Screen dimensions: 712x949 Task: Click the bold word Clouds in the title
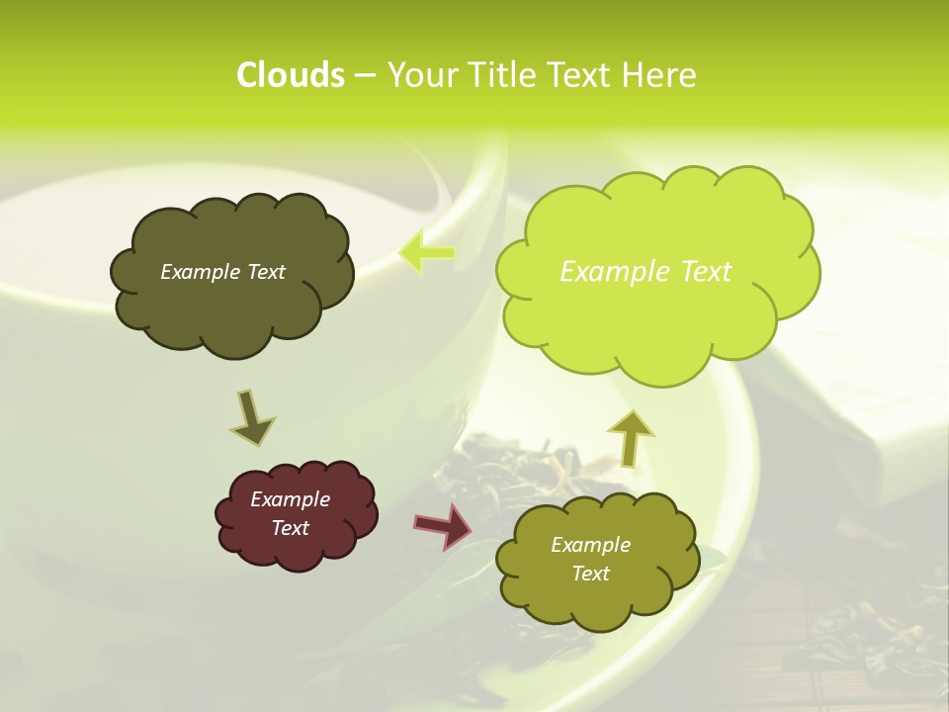(290, 75)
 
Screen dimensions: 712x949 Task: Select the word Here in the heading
(661, 75)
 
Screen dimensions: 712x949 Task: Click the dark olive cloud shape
(231, 307)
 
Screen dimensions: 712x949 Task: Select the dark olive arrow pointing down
(252, 417)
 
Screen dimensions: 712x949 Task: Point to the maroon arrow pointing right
(443, 525)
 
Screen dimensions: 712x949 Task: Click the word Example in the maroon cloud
(290, 499)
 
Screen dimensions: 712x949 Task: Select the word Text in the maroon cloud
(290, 528)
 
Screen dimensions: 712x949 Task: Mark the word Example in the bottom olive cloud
(590, 545)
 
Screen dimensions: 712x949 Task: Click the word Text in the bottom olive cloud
(590, 574)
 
